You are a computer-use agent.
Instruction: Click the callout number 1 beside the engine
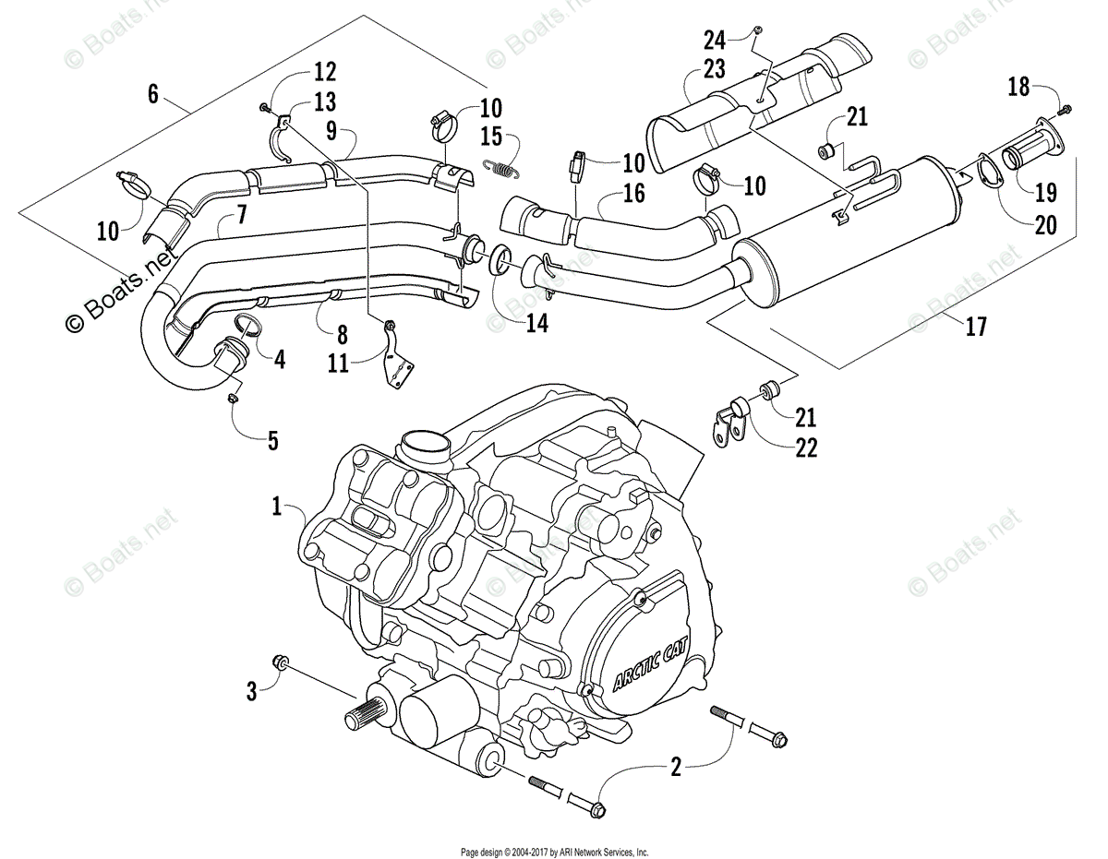(x=275, y=506)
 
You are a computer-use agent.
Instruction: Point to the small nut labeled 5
(x=234, y=398)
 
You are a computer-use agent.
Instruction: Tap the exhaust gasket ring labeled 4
(x=247, y=323)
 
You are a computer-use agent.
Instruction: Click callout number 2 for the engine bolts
(x=676, y=767)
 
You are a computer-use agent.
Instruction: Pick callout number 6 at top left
(x=153, y=93)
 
